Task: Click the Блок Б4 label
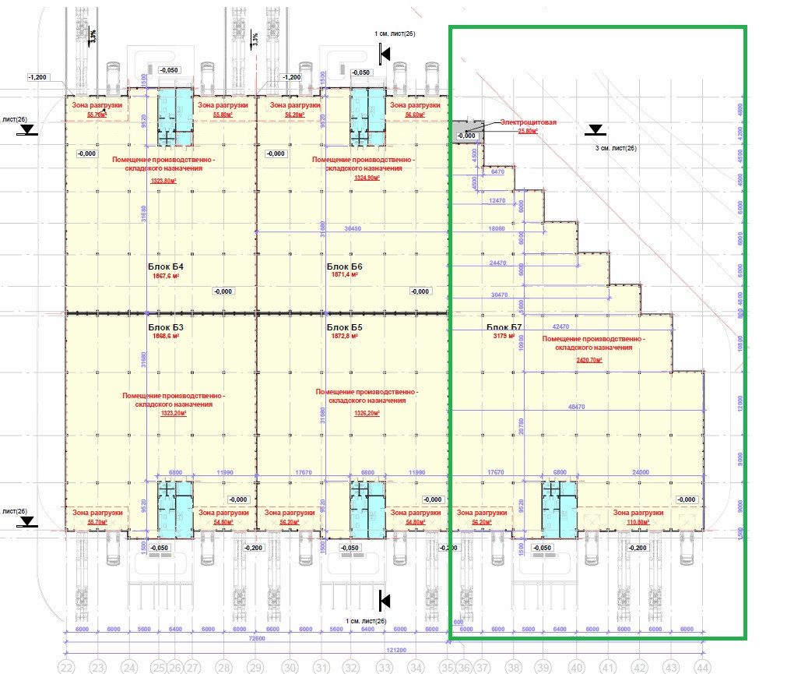click(x=164, y=266)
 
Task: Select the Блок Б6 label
click(x=345, y=266)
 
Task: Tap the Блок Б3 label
click(x=166, y=327)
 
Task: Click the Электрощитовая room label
click(x=522, y=122)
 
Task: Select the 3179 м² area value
click(x=505, y=337)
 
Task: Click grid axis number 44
click(x=703, y=668)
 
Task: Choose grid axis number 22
click(x=66, y=668)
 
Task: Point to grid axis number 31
click(x=321, y=668)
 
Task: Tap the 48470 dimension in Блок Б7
click(x=578, y=406)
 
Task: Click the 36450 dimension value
click(x=353, y=229)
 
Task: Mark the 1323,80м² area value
click(x=163, y=181)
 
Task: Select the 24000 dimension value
click(x=641, y=471)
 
